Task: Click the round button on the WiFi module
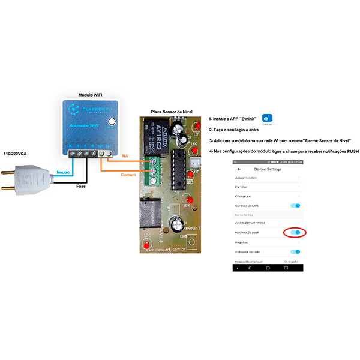pos(111,122)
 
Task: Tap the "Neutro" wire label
pos(64,173)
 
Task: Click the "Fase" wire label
pos(81,186)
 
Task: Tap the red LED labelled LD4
pos(189,199)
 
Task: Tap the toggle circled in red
pos(294,232)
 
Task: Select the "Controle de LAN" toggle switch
pos(295,206)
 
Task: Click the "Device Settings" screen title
pos(268,169)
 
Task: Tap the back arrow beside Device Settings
pos(239,169)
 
